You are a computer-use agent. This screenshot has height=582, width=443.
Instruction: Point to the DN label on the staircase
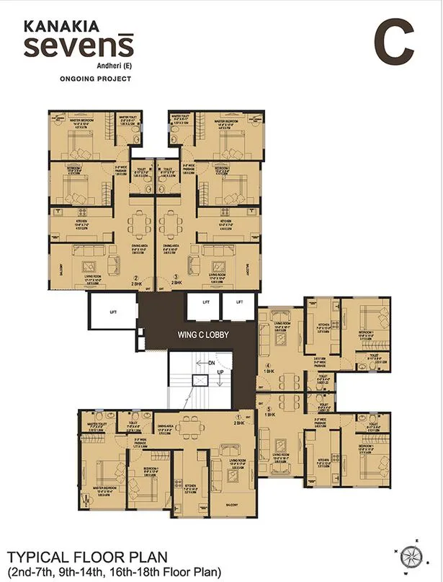(x=211, y=363)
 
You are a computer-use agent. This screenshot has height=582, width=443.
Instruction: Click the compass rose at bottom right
(x=412, y=555)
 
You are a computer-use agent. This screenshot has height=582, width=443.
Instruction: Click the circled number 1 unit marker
(x=238, y=418)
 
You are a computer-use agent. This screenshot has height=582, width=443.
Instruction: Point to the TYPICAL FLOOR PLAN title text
(x=87, y=557)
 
